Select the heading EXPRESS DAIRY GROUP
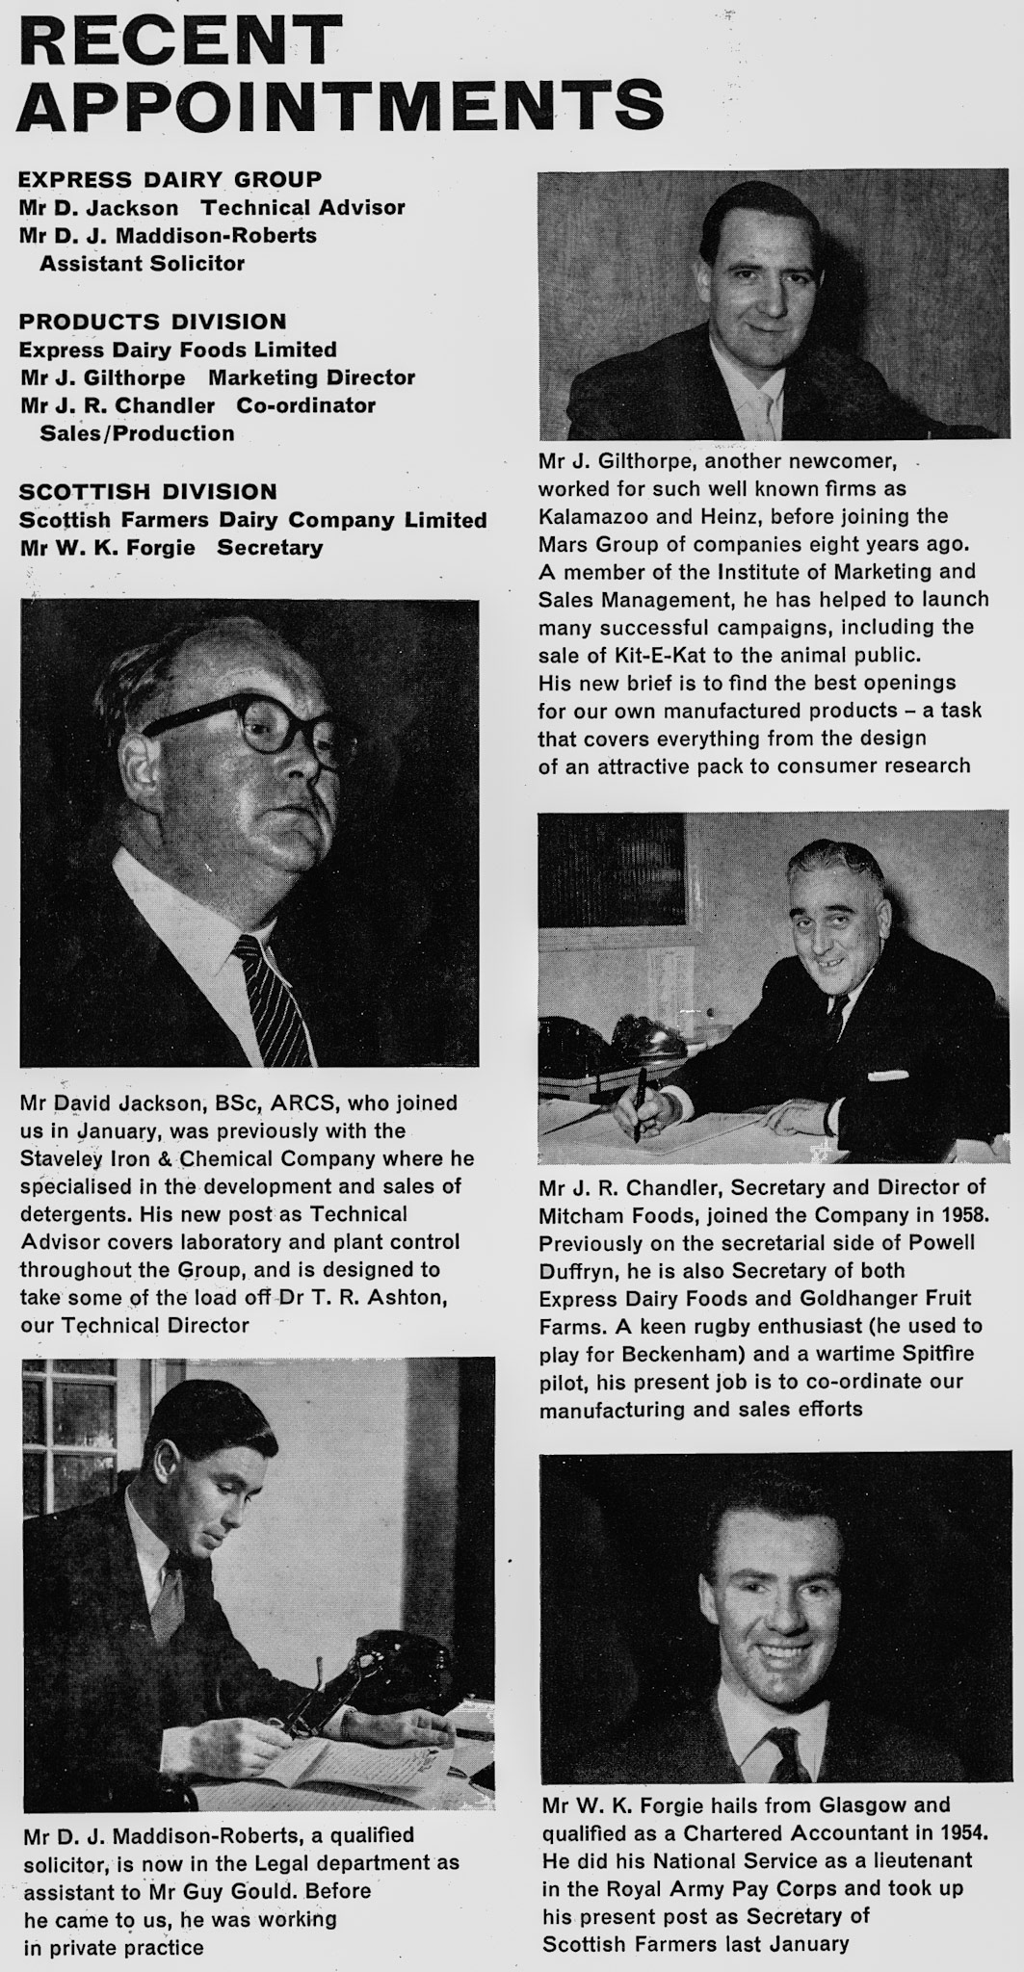[171, 179]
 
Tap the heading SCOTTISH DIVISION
[148, 491]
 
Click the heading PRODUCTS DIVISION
[153, 322]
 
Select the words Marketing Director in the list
[311, 377]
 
